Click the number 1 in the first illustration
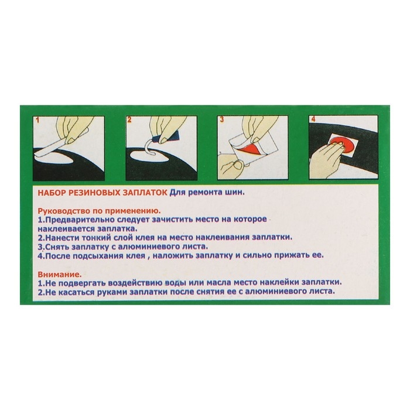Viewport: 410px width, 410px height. [37, 120]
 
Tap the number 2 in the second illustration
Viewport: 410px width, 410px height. [129, 120]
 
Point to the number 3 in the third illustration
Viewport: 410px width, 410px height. [222, 119]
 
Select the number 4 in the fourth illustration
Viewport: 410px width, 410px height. [313, 119]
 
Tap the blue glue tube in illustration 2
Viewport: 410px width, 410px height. [165, 137]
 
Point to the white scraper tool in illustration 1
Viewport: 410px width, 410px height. [51, 149]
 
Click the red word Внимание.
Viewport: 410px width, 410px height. [60, 275]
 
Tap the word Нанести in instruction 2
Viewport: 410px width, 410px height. [61, 238]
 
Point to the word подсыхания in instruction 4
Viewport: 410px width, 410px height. [109, 256]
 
